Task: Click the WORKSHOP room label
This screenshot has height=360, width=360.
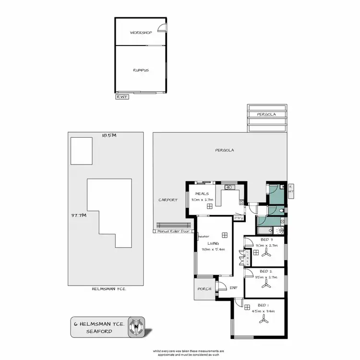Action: click(141, 33)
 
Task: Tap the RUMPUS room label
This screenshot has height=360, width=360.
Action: click(141, 70)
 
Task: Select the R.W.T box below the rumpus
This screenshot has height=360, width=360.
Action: click(121, 96)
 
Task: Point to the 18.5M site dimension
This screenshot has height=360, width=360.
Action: click(109, 135)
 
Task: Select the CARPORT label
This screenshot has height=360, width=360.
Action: click(168, 200)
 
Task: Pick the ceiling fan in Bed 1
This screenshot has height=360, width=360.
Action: click(262, 318)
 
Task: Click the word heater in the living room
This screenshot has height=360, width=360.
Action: click(203, 236)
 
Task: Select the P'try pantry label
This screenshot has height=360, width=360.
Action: click(238, 217)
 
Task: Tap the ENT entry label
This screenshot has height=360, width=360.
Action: click(233, 288)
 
